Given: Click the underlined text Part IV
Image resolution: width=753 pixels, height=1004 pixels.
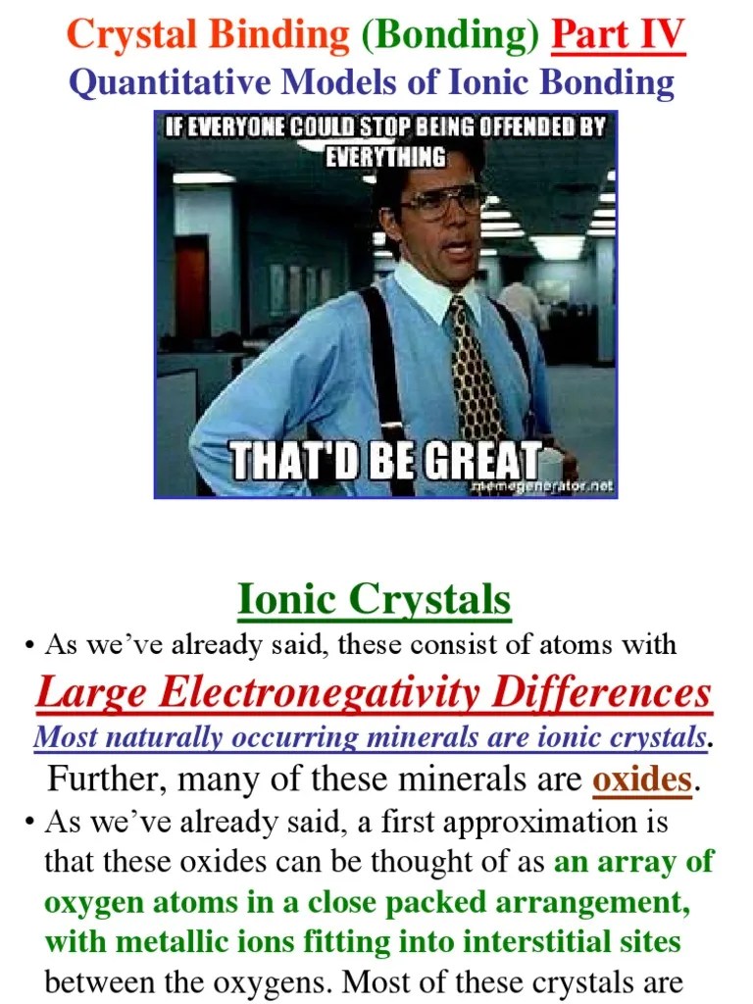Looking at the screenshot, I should coord(618,36).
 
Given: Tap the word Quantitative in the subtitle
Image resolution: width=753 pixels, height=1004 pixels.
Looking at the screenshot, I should coord(170,82).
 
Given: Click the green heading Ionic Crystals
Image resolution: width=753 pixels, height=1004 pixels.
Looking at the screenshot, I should coord(375,599).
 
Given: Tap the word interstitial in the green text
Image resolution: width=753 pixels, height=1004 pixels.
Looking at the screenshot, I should coord(531,943).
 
